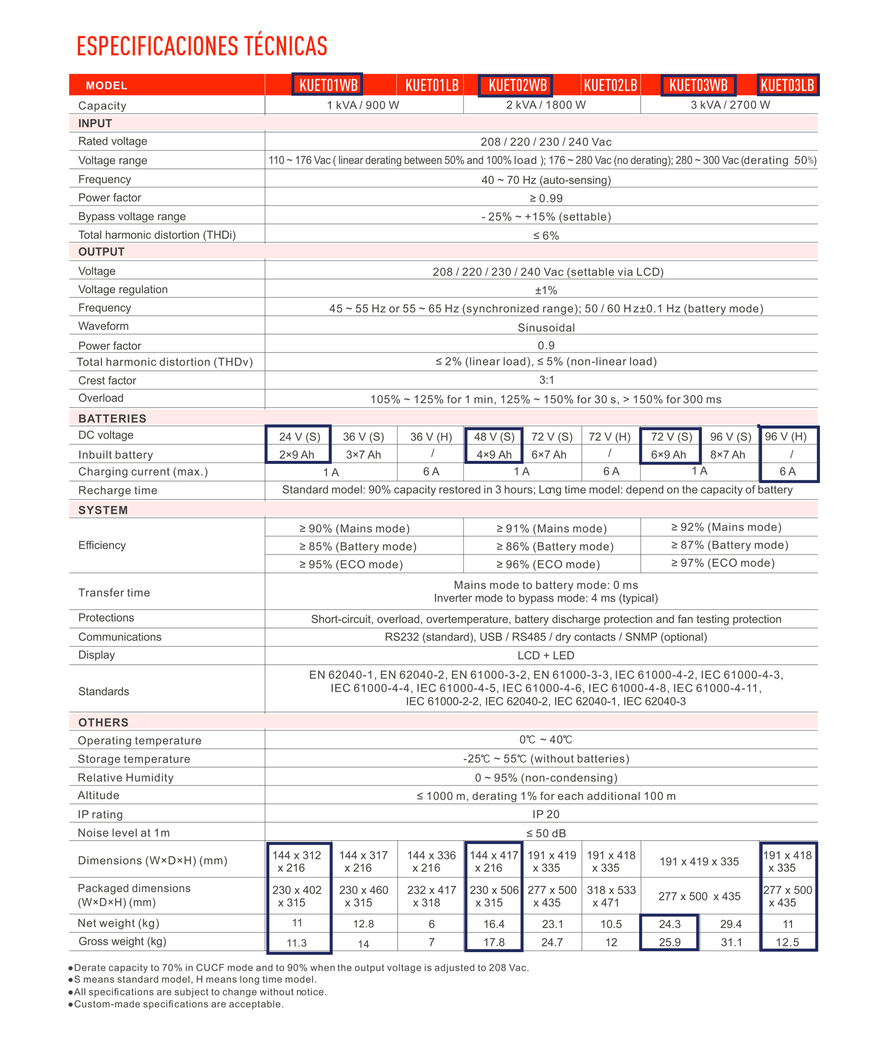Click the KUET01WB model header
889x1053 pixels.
pyautogui.click(x=328, y=85)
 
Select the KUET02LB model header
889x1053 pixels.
pyautogui.click(x=610, y=85)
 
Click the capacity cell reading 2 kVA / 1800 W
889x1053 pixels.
pyautogui.click(x=546, y=105)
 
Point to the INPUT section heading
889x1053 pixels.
pyautogui.click(x=95, y=123)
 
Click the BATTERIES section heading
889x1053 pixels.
pyautogui.click(x=112, y=418)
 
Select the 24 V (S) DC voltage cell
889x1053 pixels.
pyautogui.click(x=299, y=437)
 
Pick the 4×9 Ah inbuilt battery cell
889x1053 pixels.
pyautogui.click(x=494, y=455)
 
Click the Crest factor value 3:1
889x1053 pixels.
pyautogui.click(x=546, y=380)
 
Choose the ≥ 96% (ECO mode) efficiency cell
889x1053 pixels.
pyautogui.click(x=548, y=564)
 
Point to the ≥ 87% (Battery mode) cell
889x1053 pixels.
pyautogui.click(x=729, y=545)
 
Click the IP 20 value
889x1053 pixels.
pyautogui.click(x=546, y=814)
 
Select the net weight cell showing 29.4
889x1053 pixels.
pyautogui.click(x=731, y=924)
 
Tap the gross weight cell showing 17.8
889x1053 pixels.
pyautogui.click(x=494, y=942)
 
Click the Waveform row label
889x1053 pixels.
pyautogui.click(x=103, y=326)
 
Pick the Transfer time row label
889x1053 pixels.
pyautogui.click(x=114, y=593)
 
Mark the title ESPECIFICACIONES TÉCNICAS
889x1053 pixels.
pyautogui.click(x=202, y=46)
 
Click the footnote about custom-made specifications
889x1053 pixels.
pyautogui.click(x=178, y=1004)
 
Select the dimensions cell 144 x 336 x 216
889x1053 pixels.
pyautogui.click(x=431, y=861)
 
